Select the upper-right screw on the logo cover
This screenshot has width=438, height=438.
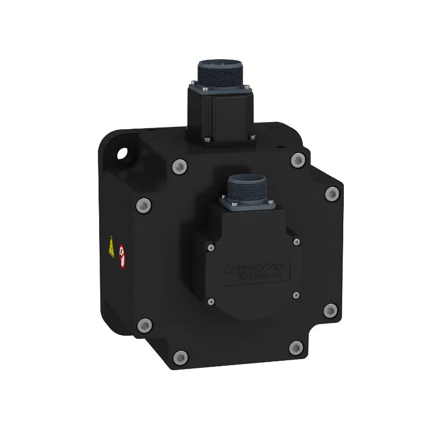pos(296,241)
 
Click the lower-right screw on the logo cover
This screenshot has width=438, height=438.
pos(296,295)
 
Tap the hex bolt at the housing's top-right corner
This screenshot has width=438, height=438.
pos(298,160)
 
